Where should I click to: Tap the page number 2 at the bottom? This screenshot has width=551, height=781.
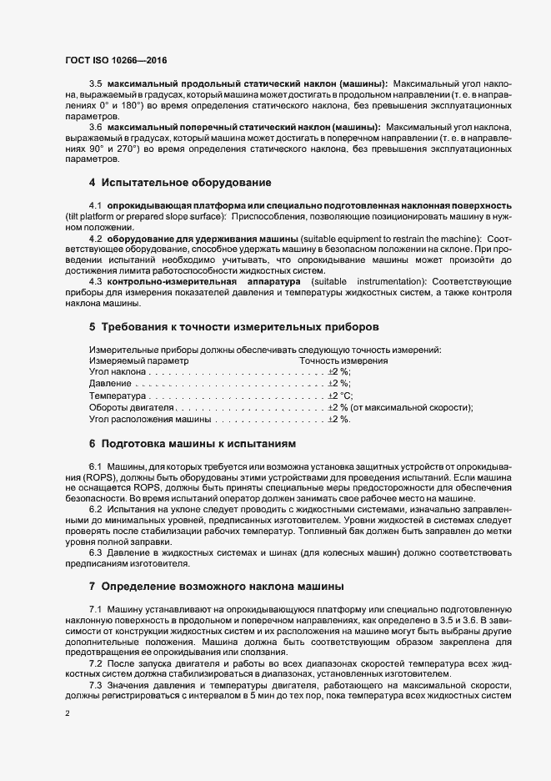67,714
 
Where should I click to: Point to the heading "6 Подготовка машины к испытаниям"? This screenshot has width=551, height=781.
191,442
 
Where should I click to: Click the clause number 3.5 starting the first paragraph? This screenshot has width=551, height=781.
95,84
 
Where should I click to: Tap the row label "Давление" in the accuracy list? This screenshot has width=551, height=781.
109,384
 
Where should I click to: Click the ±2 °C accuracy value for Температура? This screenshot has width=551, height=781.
340,396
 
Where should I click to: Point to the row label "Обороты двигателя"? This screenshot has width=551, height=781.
130,407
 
